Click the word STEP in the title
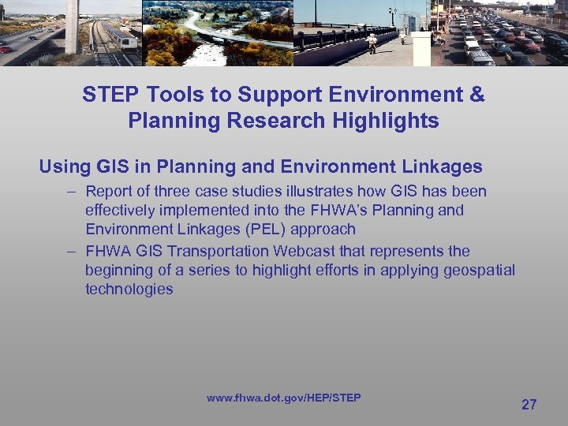[109, 95]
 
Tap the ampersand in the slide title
[476, 95]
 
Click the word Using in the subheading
[65, 166]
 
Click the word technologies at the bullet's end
[129, 290]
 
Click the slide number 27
[529, 405]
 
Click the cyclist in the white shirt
[372, 41]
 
